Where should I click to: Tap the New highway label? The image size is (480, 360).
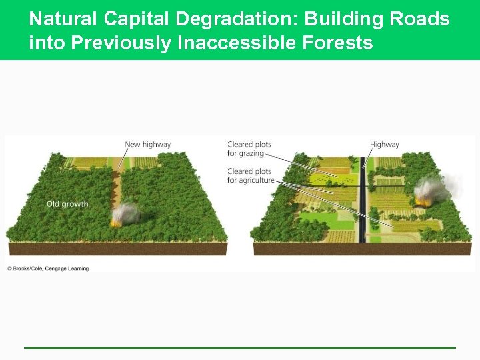coord(147,144)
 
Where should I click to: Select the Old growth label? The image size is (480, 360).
coord(67,204)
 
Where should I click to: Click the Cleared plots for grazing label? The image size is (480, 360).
coord(249,149)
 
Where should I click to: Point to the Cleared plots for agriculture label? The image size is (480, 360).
coord(251,175)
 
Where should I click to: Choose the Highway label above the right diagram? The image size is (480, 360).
coord(384,144)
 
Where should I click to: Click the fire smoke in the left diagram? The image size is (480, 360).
coord(124,214)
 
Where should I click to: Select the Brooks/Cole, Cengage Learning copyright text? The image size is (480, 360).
coord(48,268)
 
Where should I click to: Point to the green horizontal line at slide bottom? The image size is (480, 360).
coord(240,347)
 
